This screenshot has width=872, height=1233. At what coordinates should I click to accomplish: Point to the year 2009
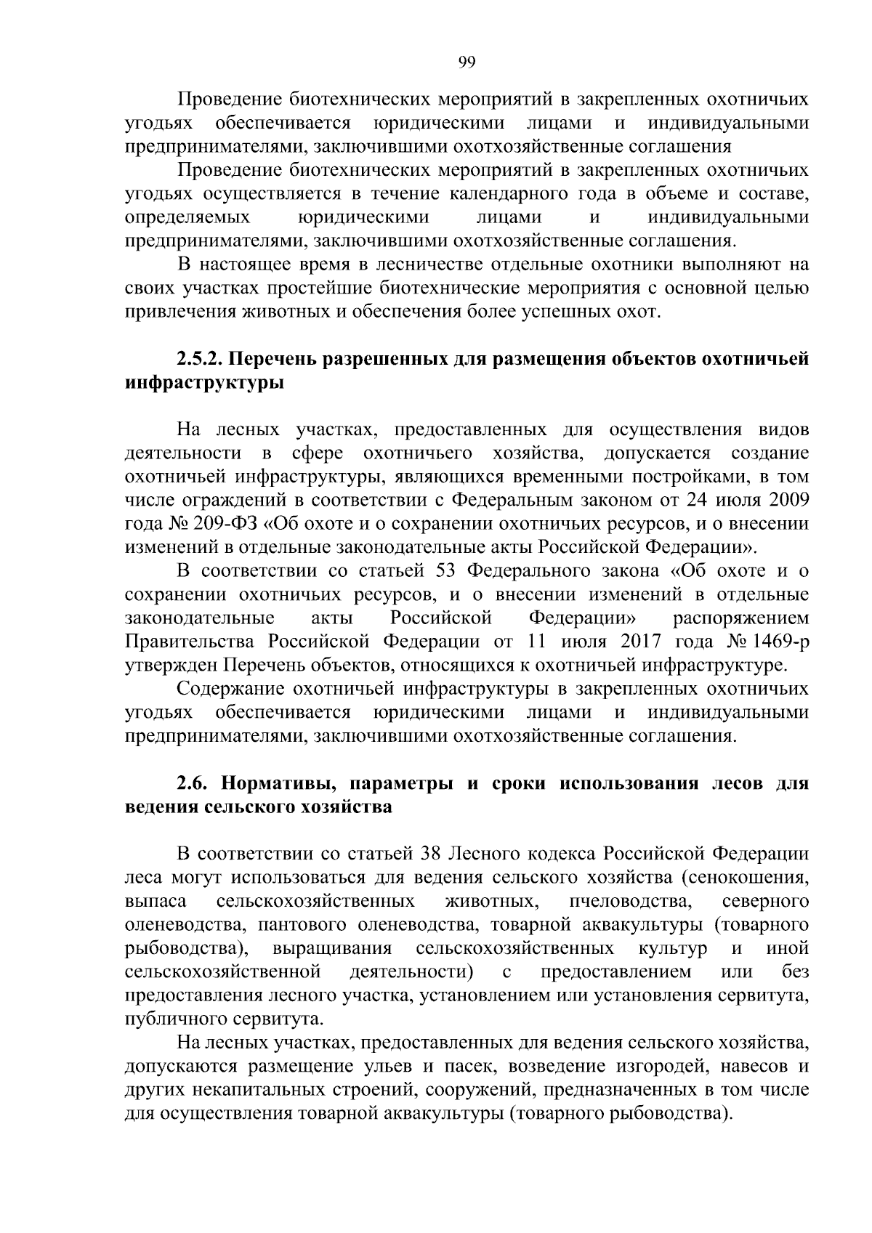pos(786,501)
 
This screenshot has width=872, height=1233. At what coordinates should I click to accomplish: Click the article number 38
pos(430,855)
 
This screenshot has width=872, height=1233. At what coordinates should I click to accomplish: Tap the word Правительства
pos(192,642)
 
